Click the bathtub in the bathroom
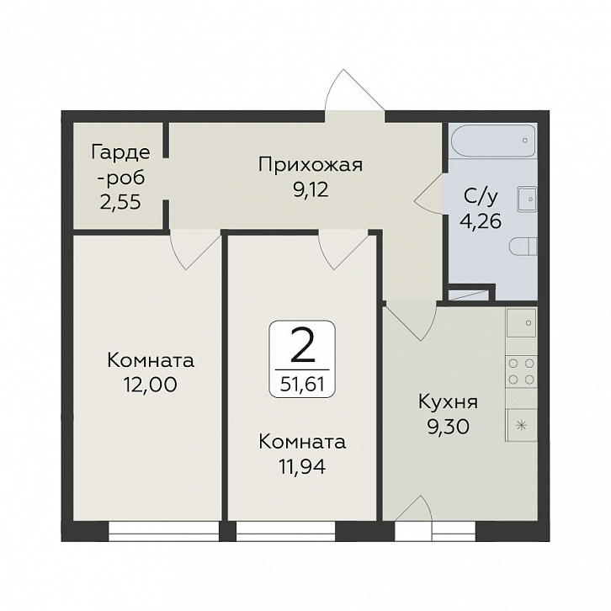coord(492,141)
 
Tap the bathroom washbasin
coord(527,199)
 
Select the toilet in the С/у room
coord(523,247)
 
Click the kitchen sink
coord(522,322)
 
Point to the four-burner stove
coord(522,371)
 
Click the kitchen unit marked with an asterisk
coord(522,425)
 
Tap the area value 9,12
coord(311,190)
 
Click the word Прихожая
coord(311,166)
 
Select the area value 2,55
coord(120,203)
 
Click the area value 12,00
coord(151,385)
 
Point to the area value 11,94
coord(302,467)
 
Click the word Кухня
coord(448,402)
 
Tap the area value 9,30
coord(448,428)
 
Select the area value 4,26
coord(481,221)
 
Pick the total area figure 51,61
coord(302,385)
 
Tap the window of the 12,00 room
coord(163,531)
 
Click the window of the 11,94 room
coord(285,531)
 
